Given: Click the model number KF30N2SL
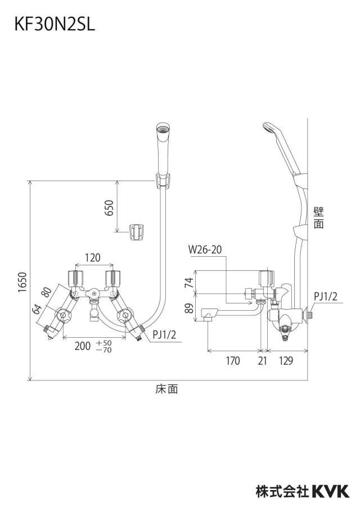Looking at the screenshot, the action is coord(55,25).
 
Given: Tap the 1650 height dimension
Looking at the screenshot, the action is coord(22,282).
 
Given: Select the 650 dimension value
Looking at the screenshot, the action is coord(110,208).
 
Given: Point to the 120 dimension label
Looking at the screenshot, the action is coord(93,258).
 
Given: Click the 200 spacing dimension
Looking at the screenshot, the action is coord(82,346).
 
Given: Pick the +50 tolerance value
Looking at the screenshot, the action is coord(104,343).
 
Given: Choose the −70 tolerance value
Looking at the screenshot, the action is coord(104,350).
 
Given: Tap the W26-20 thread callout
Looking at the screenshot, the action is coord(205,250).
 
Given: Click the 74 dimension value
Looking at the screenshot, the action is coord(189,283).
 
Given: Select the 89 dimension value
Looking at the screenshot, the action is coord(189,308).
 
